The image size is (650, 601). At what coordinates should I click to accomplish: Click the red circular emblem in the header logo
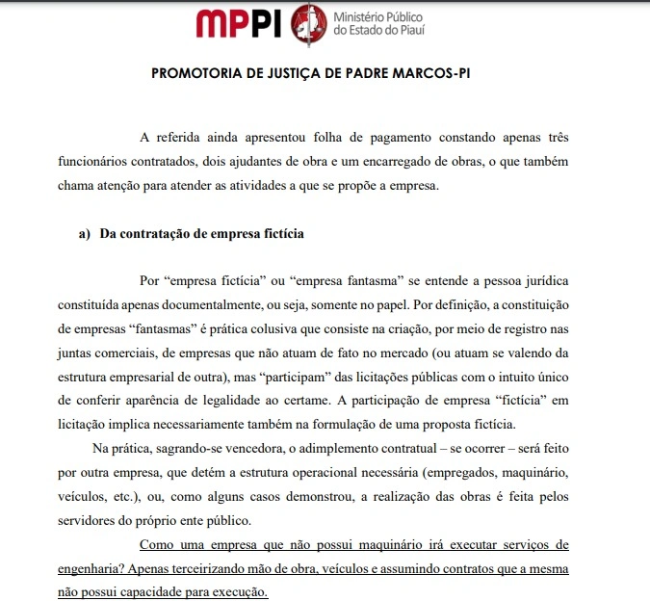(308, 23)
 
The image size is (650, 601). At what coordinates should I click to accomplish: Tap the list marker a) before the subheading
(84, 233)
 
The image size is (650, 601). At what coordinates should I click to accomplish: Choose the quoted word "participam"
(291, 376)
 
